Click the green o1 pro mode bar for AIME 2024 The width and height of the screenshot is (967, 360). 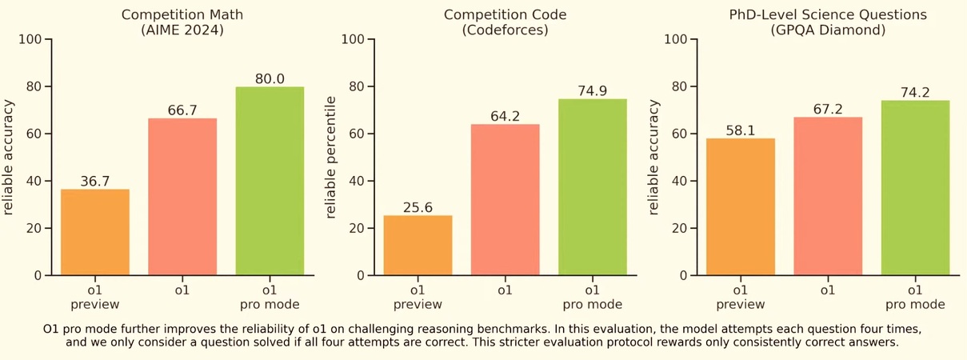pyautogui.click(x=270, y=181)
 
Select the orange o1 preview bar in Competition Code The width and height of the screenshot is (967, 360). pyautogui.click(x=418, y=245)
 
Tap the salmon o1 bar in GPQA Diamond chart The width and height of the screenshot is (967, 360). pyautogui.click(x=828, y=196)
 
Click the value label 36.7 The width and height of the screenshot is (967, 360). pyautogui.click(x=94, y=182)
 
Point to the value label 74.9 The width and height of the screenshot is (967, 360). pyautogui.click(x=593, y=91)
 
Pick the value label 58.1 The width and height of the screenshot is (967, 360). pyautogui.click(x=741, y=130)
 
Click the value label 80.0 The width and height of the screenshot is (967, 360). pyautogui.click(x=270, y=78)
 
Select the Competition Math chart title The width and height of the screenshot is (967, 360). pyautogui.click(x=182, y=15)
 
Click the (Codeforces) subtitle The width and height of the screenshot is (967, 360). pyautogui.click(x=505, y=30)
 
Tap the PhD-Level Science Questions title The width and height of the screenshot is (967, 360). pyautogui.click(x=827, y=15)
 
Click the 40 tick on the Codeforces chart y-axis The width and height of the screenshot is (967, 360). pyautogui.click(x=357, y=181)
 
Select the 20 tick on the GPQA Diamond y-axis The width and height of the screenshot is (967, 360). pyautogui.click(x=680, y=228)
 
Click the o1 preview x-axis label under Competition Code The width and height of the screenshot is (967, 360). pyautogui.click(x=418, y=297)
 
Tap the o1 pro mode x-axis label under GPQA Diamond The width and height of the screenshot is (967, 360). pyautogui.click(x=915, y=297)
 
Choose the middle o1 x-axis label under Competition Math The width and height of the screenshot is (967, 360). pyautogui.click(x=182, y=290)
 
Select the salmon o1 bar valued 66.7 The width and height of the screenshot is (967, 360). pyautogui.click(x=182, y=197)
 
